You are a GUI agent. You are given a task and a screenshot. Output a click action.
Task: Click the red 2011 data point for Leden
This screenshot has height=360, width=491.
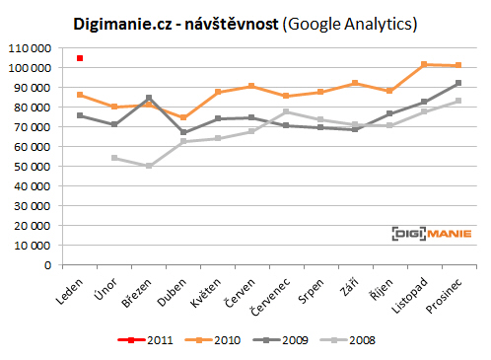[x=80, y=58]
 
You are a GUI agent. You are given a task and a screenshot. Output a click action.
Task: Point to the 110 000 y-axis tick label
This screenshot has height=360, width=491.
[x=29, y=47]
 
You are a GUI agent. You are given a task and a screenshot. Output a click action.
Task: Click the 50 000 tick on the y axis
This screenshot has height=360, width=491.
[x=32, y=166]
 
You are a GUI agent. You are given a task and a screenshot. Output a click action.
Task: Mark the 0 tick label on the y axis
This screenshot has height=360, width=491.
[x=47, y=264]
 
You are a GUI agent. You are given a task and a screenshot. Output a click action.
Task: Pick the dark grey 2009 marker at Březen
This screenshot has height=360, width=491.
[x=149, y=98]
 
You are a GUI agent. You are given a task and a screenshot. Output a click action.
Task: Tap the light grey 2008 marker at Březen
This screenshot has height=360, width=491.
[x=149, y=166]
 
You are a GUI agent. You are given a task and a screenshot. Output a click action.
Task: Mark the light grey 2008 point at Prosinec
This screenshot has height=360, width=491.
[x=458, y=101]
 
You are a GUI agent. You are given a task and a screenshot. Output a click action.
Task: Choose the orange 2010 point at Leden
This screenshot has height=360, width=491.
[x=80, y=95]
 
